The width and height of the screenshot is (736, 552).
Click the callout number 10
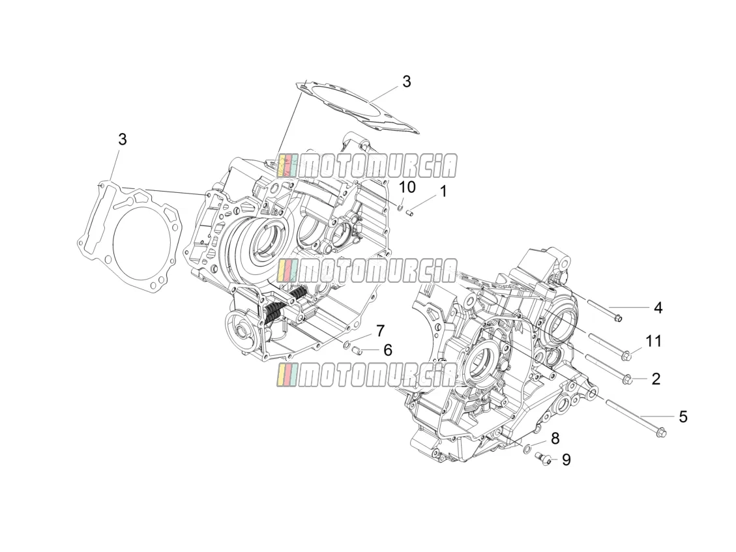tap(407, 187)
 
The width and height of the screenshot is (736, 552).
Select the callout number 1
tap(443, 192)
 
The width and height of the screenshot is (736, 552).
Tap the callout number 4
tap(658, 308)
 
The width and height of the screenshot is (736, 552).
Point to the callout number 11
tap(653, 341)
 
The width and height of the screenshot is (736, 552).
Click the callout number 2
tap(656, 379)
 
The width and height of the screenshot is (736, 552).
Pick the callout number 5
tap(683, 416)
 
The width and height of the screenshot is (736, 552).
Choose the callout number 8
tap(555, 439)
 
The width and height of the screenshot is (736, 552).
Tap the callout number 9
tap(566, 459)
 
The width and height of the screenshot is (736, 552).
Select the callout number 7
tap(380, 330)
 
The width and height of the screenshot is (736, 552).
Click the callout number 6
tap(388, 350)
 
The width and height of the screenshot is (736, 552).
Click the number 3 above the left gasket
tap(122, 139)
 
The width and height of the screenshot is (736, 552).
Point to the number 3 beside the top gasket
tap(407, 81)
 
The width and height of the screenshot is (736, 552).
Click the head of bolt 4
tap(618, 318)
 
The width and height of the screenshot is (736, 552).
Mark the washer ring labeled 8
tap(527, 450)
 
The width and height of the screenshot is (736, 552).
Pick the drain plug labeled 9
tap(544, 458)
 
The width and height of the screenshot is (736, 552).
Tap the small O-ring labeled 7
tap(347, 346)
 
